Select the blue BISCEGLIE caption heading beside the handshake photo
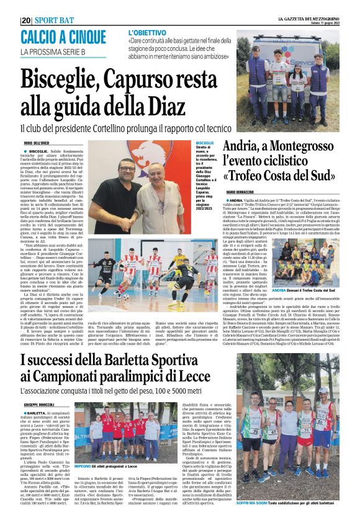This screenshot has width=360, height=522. pos(204,142)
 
